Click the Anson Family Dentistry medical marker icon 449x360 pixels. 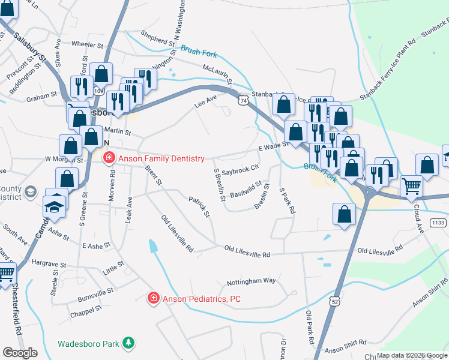pos(109,158)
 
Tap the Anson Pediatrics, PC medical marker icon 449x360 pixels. pos(154,298)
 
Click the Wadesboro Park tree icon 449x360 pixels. pos(128,343)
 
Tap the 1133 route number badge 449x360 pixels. pos(438,223)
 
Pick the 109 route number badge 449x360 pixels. pos(99,91)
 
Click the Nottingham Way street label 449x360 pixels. pos(251,281)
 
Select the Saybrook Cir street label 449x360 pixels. pos(240,170)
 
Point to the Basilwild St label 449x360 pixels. pos(246,190)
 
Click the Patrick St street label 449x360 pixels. pos(199,206)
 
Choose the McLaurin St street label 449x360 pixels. pos(217,75)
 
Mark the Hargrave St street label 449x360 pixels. pos(47,263)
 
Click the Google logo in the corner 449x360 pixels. pos(20,352)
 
